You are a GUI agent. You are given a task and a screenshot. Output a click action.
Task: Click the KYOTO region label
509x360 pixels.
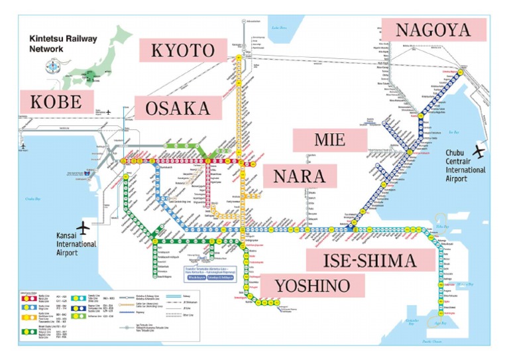(184, 51)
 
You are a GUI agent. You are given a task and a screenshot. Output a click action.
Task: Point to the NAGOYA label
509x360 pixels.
(433, 30)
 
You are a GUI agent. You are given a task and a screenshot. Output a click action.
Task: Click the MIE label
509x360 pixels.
(329, 141)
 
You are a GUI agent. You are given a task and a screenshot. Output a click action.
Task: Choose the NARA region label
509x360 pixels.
(300, 176)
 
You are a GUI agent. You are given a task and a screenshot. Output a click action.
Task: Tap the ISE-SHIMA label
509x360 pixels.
(370, 260)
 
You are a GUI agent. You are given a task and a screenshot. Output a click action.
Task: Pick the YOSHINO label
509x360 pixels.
(311, 286)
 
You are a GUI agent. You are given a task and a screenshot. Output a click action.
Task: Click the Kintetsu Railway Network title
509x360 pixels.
(62, 44)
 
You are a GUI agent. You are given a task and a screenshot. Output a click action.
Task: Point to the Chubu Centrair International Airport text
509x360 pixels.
(465, 170)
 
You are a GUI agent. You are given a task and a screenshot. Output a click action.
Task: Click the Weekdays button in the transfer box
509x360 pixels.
(197, 279)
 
